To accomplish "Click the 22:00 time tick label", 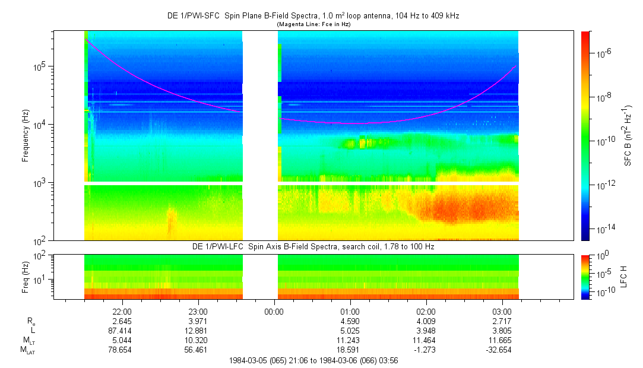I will point(122,311).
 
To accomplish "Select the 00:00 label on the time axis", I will point(274,311).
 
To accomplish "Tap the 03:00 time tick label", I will point(502,311).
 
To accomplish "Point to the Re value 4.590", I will point(350,321).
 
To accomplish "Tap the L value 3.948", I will point(426,331).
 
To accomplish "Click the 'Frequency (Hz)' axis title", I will point(26,135).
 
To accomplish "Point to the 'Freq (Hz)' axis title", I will point(26,277).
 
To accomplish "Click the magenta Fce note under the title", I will point(313,24).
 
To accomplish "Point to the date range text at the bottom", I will point(313,360).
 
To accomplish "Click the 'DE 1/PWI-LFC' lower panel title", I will point(313,246).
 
